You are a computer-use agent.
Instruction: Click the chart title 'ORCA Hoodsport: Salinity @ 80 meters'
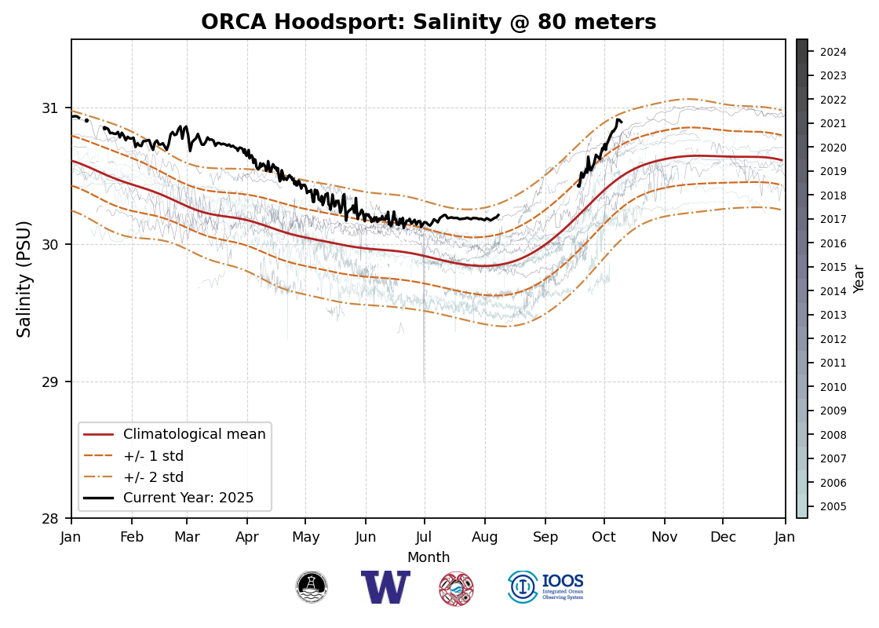coord(429,23)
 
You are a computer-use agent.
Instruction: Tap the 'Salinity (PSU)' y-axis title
coord(25,279)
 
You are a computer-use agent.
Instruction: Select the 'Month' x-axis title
coord(429,557)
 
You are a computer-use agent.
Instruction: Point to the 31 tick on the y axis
coord(59,108)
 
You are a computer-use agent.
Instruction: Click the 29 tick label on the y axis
coord(59,382)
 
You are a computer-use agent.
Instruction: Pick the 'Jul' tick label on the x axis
coord(425,538)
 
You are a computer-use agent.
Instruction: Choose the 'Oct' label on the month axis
coord(604,538)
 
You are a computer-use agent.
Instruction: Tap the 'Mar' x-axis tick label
coord(187,538)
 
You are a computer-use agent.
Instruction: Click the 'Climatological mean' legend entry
coord(194,434)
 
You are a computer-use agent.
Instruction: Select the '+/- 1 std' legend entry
coord(153,456)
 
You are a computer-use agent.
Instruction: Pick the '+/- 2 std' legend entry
coord(153,477)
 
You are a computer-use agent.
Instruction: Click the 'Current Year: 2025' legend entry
coord(188,498)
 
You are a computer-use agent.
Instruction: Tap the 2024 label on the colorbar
coord(833,53)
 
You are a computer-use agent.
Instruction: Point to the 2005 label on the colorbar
coord(833,506)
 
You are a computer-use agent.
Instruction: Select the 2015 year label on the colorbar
coord(833,268)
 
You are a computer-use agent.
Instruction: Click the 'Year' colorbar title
coord(859,279)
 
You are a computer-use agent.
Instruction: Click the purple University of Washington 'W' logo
coord(385,587)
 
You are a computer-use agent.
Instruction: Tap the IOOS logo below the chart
coord(546,587)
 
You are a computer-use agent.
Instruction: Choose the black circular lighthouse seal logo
coord(312,587)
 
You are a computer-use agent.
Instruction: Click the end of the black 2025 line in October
coord(621,121)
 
